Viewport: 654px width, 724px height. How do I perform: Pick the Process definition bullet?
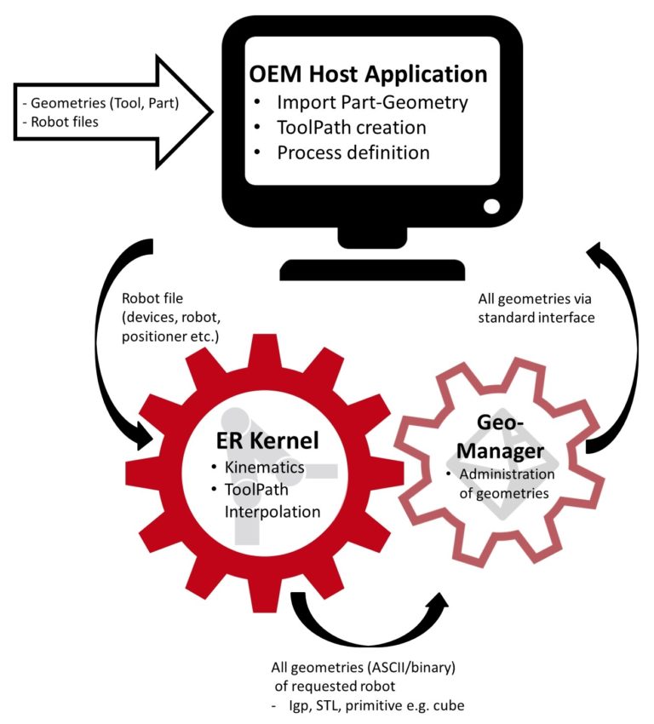point(353,153)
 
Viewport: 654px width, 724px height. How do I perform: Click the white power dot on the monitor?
point(491,206)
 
